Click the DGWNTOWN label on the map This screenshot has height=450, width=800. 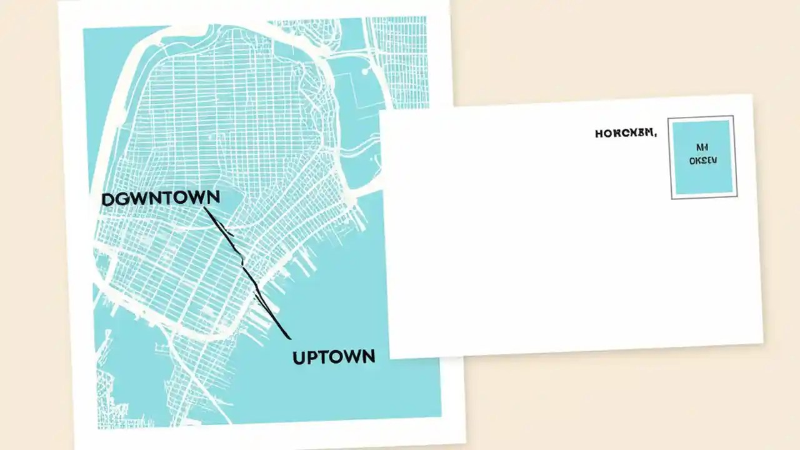pos(161,198)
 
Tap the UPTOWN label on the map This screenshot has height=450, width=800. pos(334,357)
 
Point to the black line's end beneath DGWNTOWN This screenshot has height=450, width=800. pos(205,208)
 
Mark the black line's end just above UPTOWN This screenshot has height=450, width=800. pos(289,338)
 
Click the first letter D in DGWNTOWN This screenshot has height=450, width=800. pos(107,199)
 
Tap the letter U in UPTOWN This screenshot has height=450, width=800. pos(298,357)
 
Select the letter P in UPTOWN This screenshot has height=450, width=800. pos(311,357)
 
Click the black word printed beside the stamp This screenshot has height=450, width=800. pos(626,133)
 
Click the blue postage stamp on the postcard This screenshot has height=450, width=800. pos(703,157)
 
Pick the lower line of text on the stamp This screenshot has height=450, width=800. pos(703,161)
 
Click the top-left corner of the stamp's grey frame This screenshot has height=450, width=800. pos(668,118)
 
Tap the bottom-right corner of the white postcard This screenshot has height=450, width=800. pos(763,342)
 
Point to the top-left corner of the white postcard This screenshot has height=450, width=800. pos(381,112)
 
